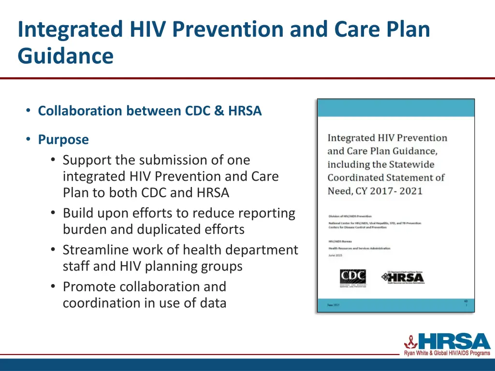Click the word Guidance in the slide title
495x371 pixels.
click(x=65, y=56)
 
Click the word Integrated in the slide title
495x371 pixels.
click(x=71, y=29)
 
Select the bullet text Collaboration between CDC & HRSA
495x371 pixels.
click(x=150, y=111)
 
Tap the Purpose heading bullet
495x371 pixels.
click(x=63, y=140)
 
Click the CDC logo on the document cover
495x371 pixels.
click(x=353, y=277)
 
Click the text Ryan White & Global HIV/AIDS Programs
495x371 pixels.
click(x=447, y=354)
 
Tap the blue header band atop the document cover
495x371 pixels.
click(x=395, y=109)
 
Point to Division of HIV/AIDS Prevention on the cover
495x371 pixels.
click(x=350, y=216)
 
